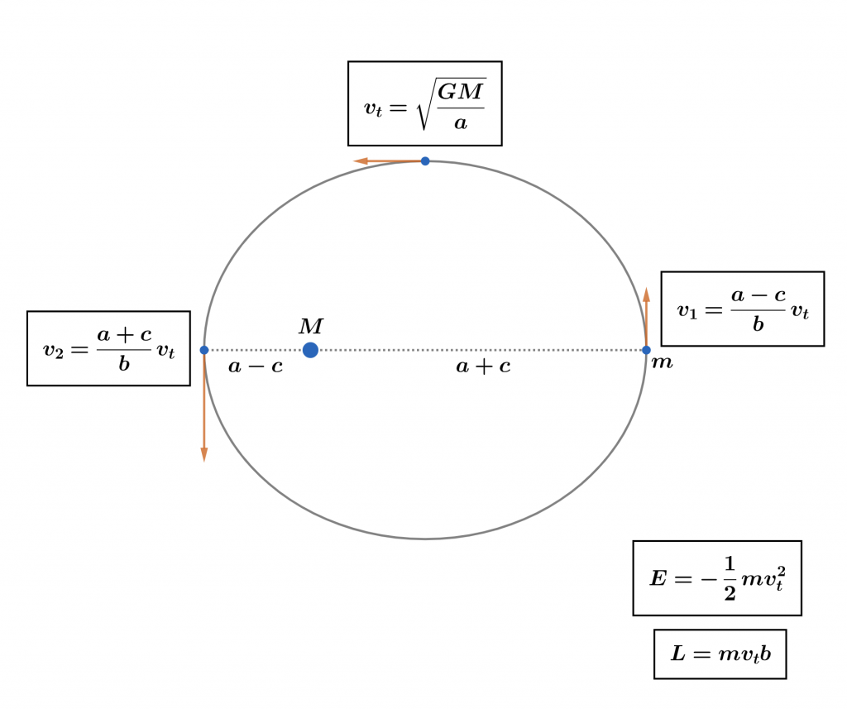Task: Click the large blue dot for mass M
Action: (x=310, y=350)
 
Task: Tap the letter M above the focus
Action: (x=310, y=327)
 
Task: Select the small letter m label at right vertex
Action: (x=662, y=362)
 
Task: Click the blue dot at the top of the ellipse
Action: (x=425, y=160)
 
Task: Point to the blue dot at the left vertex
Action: (x=204, y=350)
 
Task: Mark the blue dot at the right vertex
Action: (x=646, y=350)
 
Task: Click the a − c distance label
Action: (x=256, y=366)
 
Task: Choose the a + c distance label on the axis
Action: (x=483, y=366)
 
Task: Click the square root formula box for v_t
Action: (x=424, y=103)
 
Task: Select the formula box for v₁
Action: (x=742, y=309)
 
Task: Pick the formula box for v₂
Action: (x=108, y=348)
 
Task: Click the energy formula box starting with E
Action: (x=716, y=577)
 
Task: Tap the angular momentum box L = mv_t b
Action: (x=720, y=654)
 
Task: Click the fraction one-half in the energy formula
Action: (x=729, y=578)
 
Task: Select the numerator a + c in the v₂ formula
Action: (x=124, y=334)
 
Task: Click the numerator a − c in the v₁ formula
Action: (x=758, y=295)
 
